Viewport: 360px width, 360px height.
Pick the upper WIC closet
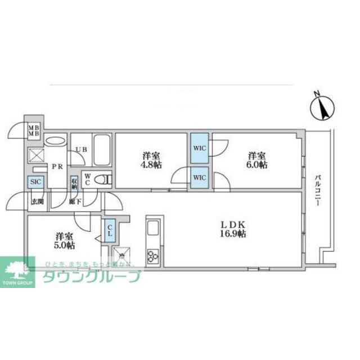199,147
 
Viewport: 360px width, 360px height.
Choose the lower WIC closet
199,178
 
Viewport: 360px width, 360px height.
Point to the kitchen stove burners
153,256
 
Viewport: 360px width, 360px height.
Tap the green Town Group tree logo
17,268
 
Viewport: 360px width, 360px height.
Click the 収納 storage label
74,183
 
